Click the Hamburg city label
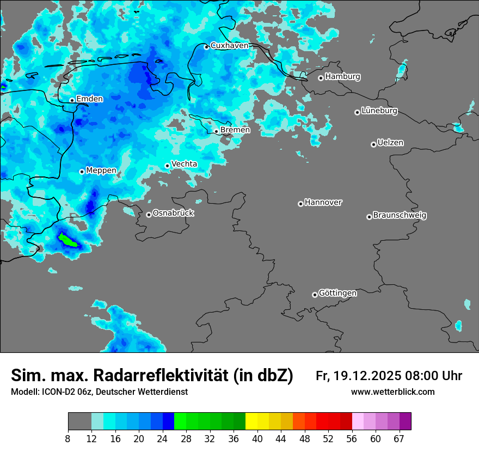342,77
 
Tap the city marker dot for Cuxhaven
206,47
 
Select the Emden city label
89,99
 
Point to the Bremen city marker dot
216,131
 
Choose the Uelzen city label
390,143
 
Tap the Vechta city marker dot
167,166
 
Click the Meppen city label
101,170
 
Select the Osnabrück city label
173,213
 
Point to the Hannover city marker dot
300,204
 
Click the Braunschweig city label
400,216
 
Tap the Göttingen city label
337,294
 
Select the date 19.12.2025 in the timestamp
367,376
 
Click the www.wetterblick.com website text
392,392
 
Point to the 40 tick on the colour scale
257,439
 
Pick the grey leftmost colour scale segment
79,422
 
